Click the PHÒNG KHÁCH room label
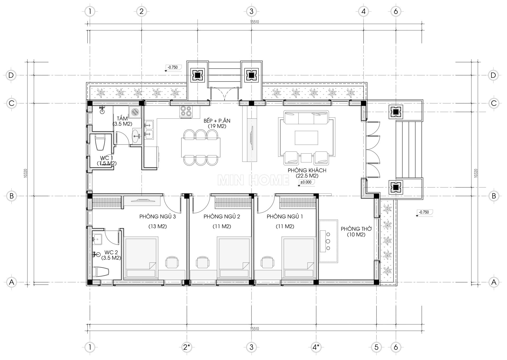pyautogui.click(x=307, y=173)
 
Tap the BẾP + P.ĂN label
pyautogui.click(x=217, y=123)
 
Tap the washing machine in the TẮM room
pyautogui.click(x=136, y=112)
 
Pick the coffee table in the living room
pyautogui.click(x=306, y=137)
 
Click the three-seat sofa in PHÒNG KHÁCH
pyautogui.click(x=306, y=117)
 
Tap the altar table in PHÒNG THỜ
pyautogui.click(x=329, y=241)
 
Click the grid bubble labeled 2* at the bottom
pyautogui.click(x=187, y=347)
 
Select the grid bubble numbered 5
pyautogui.click(x=376, y=347)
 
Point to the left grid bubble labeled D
pyautogui.click(x=11, y=75)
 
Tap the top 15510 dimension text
pyautogui.click(x=254, y=22)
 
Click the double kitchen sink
pyautogui.click(x=149, y=130)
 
